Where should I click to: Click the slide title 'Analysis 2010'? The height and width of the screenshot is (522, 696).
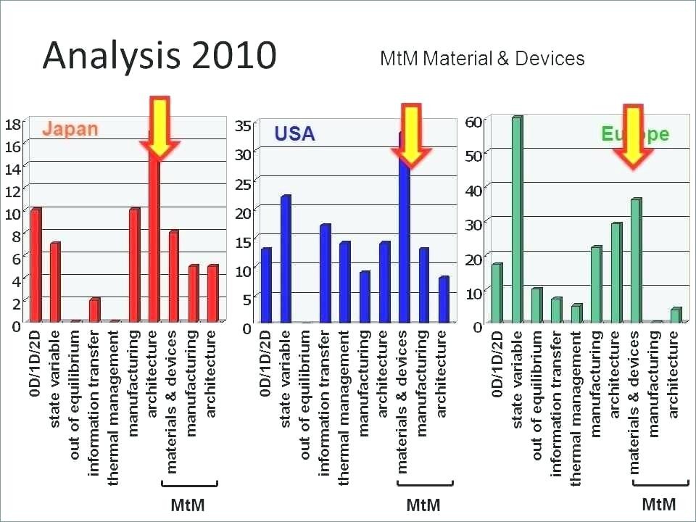point(159,55)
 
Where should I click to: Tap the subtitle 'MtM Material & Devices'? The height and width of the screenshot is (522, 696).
point(482,59)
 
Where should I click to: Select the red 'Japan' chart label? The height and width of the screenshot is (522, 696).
point(70,130)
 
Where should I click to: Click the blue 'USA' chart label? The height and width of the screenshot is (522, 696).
point(294,134)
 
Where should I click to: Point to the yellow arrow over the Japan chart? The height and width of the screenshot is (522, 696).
point(159,128)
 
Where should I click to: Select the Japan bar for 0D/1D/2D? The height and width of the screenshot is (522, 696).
point(35,265)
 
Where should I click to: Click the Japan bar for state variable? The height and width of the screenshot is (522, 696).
point(54,282)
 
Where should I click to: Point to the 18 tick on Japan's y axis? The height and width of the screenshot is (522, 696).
point(12,124)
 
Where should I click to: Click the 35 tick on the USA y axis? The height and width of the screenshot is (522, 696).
point(244,126)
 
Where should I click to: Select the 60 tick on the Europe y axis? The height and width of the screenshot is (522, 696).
point(473,122)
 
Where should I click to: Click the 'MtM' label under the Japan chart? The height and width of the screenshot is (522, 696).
point(187,505)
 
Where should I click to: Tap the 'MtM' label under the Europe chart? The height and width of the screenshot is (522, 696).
point(659,504)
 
